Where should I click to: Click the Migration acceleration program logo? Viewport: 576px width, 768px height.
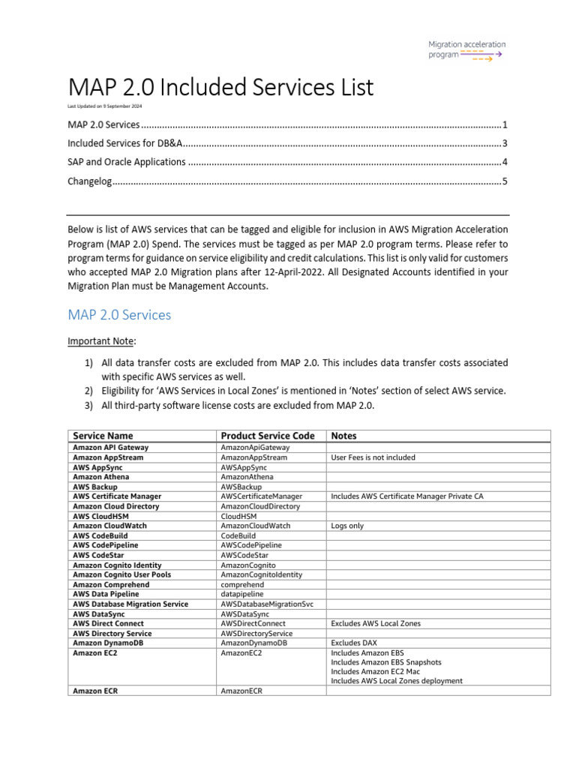click(x=465, y=49)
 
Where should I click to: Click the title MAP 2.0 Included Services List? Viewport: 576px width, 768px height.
click(x=220, y=88)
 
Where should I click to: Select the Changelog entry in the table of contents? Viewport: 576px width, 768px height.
click(x=89, y=181)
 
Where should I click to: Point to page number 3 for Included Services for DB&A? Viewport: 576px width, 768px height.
click(x=505, y=143)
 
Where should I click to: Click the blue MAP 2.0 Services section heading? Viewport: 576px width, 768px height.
click(x=119, y=315)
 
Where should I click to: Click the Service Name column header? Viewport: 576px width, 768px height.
click(x=103, y=436)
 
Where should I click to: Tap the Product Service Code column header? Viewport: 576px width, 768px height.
click(x=268, y=436)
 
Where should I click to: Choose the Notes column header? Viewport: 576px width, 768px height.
click(x=344, y=436)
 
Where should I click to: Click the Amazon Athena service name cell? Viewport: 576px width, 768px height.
click(x=101, y=477)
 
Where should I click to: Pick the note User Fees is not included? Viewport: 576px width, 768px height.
click(x=373, y=457)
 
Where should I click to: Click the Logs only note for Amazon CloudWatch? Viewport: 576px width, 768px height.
click(x=347, y=526)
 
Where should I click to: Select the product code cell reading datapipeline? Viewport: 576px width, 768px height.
click(x=242, y=594)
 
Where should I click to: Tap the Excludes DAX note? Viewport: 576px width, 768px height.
click(x=356, y=643)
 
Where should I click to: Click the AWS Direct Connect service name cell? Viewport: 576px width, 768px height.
click(x=108, y=623)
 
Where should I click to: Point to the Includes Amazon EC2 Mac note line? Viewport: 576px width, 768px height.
click(x=376, y=672)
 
